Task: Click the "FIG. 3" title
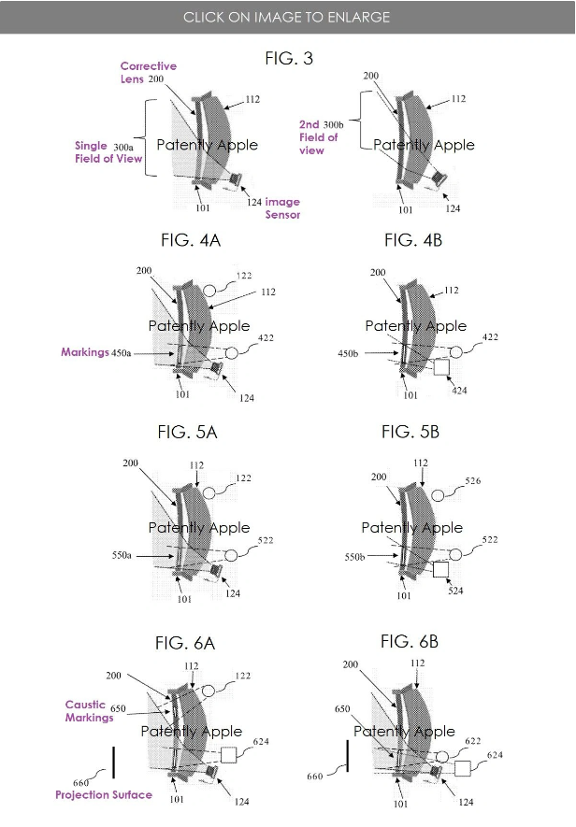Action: point(289,58)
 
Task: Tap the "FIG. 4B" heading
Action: point(413,240)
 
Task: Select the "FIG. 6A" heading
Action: point(185,643)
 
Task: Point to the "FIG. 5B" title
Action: point(410,432)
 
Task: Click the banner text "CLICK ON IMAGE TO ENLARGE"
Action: point(287,17)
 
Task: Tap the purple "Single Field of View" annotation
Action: point(108,152)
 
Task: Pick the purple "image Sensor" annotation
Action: point(282,207)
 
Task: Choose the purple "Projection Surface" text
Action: point(104,794)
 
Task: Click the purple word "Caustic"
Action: point(85,704)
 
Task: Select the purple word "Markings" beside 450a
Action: point(84,351)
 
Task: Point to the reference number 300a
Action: point(123,147)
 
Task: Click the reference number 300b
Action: point(333,125)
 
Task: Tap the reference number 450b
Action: point(348,353)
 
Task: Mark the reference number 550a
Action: point(122,555)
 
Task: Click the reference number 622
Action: point(473,741)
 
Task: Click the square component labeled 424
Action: point(441,367)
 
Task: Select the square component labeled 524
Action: point(440,570)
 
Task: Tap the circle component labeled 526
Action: point(438,495)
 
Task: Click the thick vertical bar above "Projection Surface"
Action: point(113,763)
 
